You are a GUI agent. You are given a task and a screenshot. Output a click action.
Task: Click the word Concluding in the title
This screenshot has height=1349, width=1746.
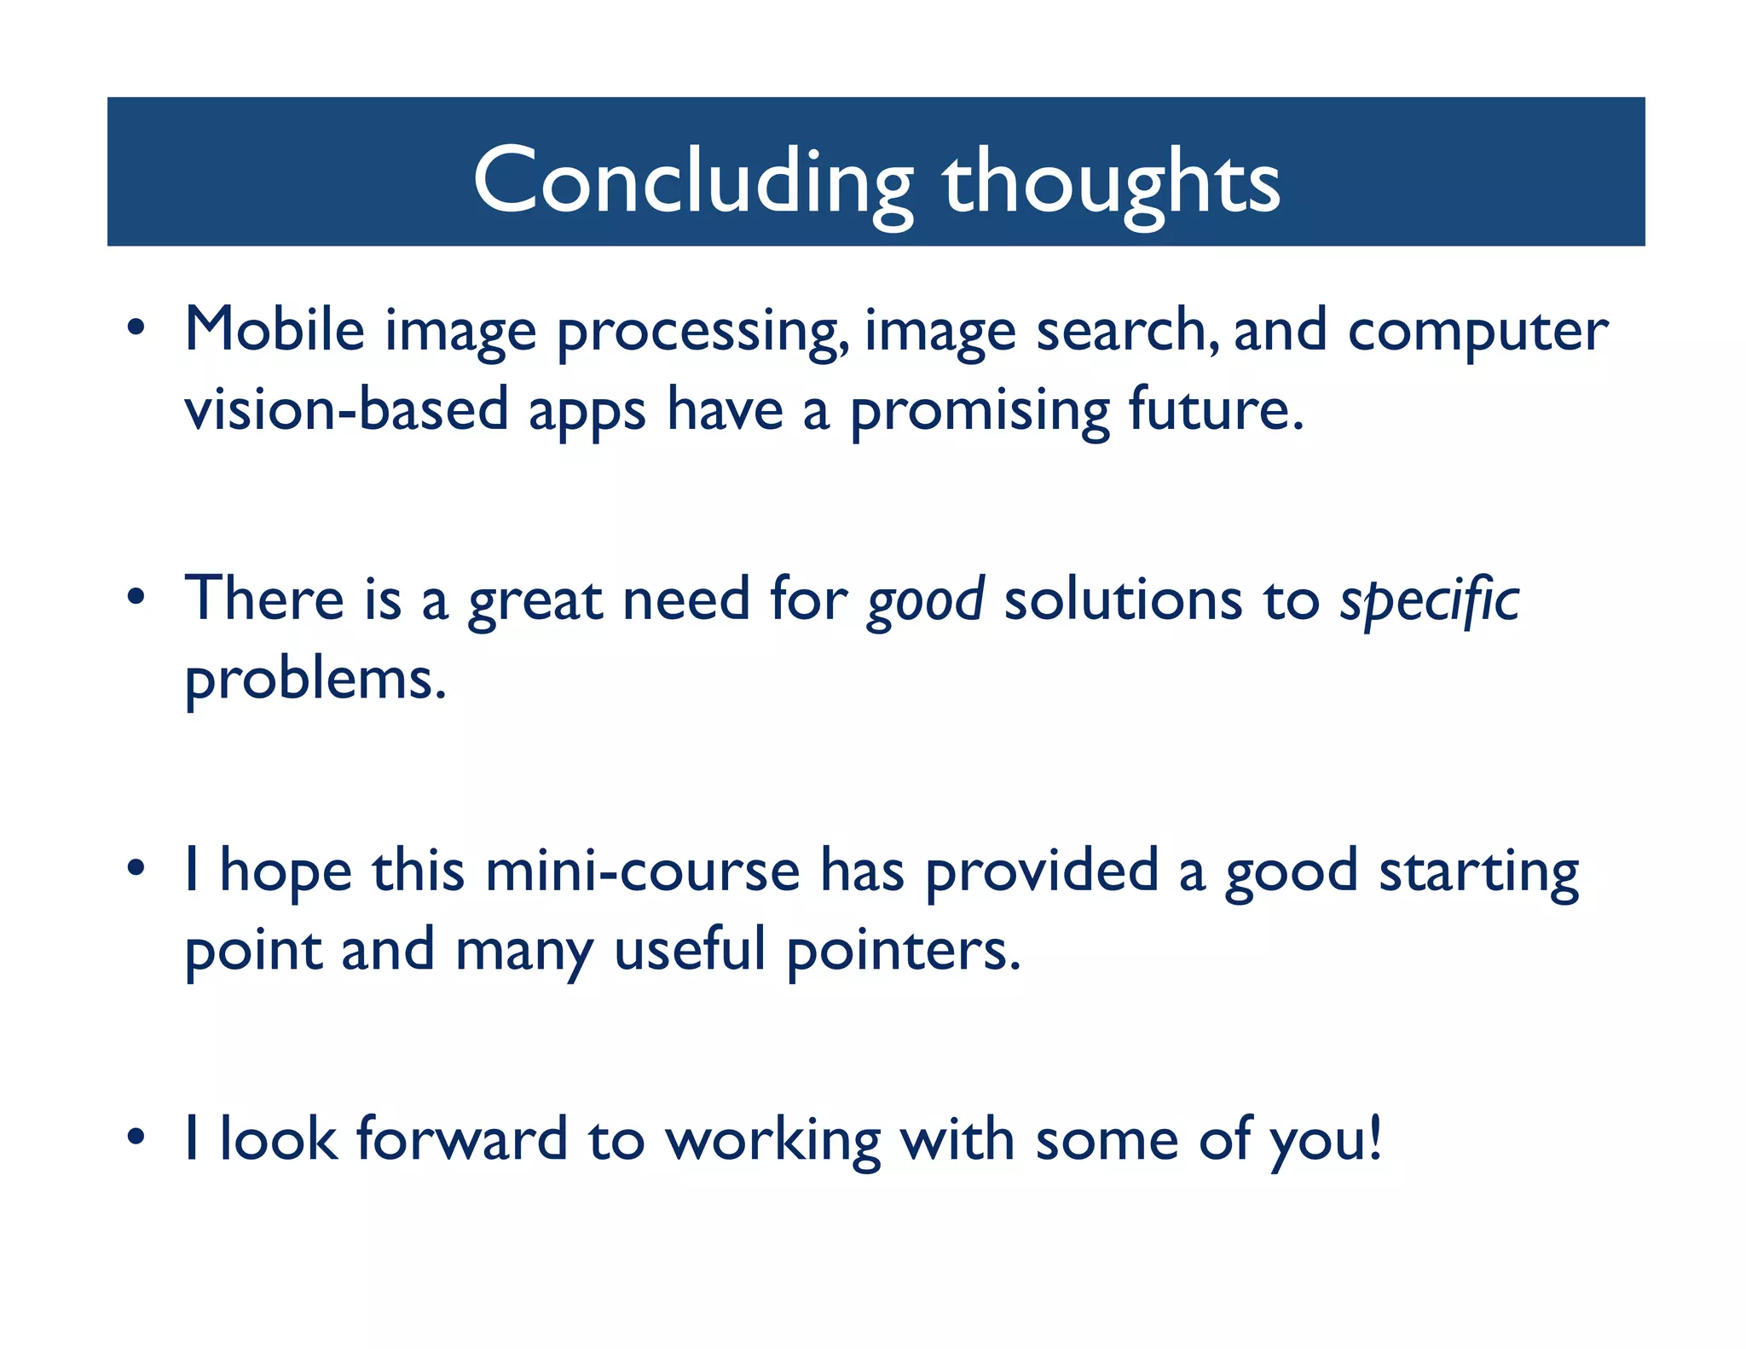pyautogui.click(x=692, y=181)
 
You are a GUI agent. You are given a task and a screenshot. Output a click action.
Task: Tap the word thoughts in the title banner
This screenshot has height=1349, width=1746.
pyautogui.click(x=1111, y=181)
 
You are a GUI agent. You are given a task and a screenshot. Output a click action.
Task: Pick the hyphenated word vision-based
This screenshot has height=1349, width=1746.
pyautogui.click(x=346, y=409)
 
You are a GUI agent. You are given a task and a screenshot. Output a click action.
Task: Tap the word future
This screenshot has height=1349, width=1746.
pyautogui.click(x=1216, y=409)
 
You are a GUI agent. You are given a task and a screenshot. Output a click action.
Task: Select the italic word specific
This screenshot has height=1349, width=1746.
pyautogui.click(x=1430, y=601)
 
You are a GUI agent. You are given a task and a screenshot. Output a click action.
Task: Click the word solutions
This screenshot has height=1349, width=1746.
pyautogui.click(x=1123, y=599)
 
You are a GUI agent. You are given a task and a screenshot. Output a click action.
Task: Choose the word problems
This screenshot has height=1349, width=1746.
pyautogui.click(x=315, y=680)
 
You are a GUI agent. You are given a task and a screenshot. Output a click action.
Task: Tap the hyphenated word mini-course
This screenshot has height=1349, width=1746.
pyautogui.click(x=643, y=871)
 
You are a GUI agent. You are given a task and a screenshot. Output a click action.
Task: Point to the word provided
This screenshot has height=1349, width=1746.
pyautogui.click(x=1042, y=872)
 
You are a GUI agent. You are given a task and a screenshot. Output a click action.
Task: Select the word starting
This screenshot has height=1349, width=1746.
pyautogui.click(x=1479, y=874)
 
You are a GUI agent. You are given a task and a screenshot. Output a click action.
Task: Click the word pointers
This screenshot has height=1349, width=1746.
pyautogui.click(x=903, y=951)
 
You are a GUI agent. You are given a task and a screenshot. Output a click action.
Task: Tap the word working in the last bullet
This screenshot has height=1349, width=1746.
pyautogui.click(x=773, y=1142)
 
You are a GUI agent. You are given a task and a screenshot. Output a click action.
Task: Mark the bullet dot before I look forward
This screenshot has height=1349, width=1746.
pyautogui.click(x=136, y=1138)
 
